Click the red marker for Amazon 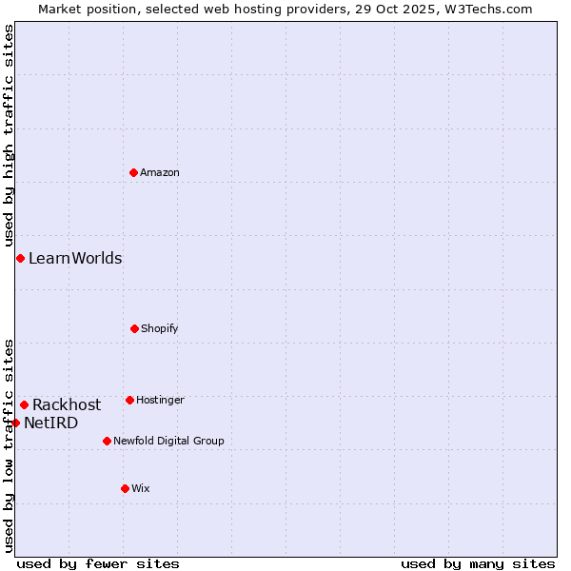pyautogui.click(x=133, y=172)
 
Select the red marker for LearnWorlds pyautogui.click(x=20, y=258)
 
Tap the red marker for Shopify pyautogui.click(x=134, y=328)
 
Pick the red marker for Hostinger pyautogui.click(x=129, y=400)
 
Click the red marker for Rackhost pyautogui.click(x=24, y=404)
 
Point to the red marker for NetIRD pyautogui.click(x=15, y=423)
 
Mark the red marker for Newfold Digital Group pyautogui.click(x=107, y=441)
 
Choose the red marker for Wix pyautogui.click(x=125, y=488)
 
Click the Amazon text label pyautogui.click(x=160, y=172)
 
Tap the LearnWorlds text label pyautogui.click(x=75, y=258)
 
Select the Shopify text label pyautogui.click(x=160, y=328)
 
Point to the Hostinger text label pyautogui.click(x=160, y=400)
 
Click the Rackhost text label pyautogui.click(x=67, y=404)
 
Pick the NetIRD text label pyautogui.click(x=51, y=423)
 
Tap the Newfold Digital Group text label pyautogui.click(x=168, y=441)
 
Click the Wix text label pyautogui.click(x=141, y=488)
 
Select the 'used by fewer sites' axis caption pyautogui.click(x=98, y=563)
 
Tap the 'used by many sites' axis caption pyautogui.click(x=478, y=563)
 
